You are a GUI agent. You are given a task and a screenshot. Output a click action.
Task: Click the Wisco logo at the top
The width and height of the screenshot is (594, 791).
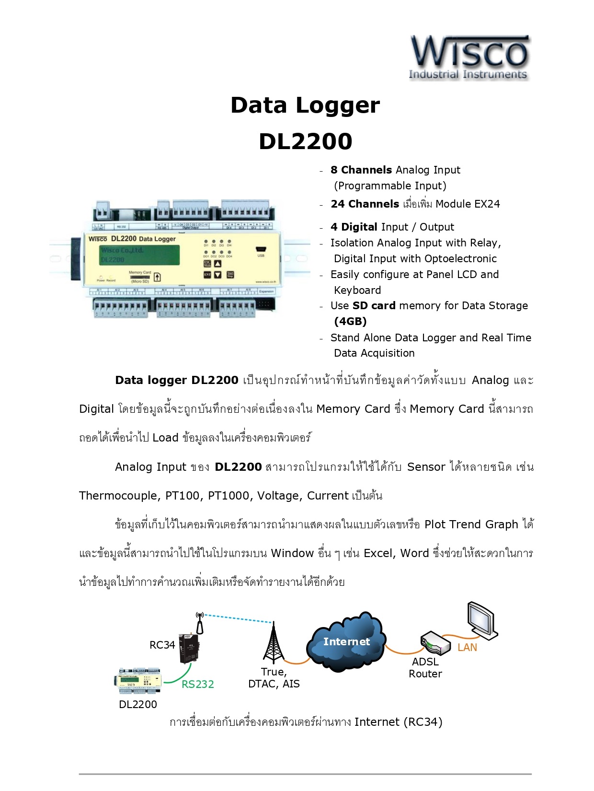tap(469, 57)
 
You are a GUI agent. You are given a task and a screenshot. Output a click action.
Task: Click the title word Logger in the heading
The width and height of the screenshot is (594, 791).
tap(338, 105)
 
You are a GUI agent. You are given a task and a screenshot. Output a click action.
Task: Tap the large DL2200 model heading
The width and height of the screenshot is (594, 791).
tap(305, 141)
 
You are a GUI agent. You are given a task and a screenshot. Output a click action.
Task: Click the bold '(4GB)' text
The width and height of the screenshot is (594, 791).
tap(350, 322)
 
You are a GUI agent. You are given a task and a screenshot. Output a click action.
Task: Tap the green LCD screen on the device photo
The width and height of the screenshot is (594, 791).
tap(139, 255)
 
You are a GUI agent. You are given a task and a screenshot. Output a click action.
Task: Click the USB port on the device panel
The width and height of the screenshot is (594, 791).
tap(261, 250)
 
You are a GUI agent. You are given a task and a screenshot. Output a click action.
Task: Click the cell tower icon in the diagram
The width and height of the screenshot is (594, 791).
tap(274, 644)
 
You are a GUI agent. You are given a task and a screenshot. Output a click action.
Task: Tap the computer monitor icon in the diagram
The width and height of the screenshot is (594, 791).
tap(482, 621)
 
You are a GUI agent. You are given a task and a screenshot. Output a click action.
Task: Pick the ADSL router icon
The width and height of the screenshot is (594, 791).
tap(435, 643)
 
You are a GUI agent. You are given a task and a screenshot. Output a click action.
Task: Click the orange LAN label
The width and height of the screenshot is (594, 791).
tap(467, 648)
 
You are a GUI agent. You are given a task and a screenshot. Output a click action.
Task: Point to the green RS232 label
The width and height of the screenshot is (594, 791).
tap(197, 685)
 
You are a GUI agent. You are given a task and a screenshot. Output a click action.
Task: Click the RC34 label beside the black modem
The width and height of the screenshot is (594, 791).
tap(162, 645)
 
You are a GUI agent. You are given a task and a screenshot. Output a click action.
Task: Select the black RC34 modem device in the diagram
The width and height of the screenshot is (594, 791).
tap(189, 648)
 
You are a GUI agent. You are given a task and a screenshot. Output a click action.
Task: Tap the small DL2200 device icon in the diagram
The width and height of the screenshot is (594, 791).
tap(139, 681)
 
